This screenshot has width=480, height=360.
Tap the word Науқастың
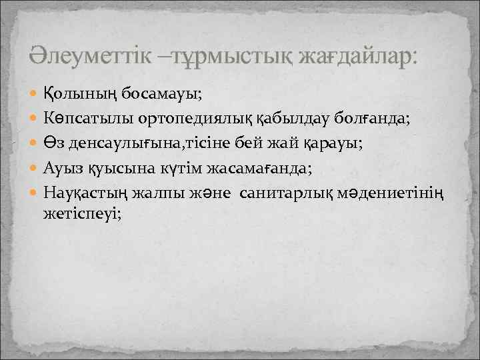pos(87,193)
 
